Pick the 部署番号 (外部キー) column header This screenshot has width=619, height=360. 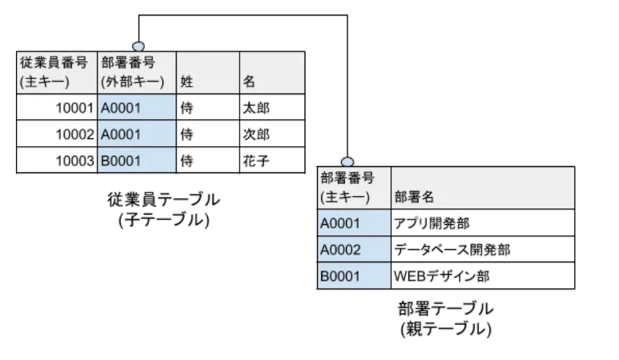136,72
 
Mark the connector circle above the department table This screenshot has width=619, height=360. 348,161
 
